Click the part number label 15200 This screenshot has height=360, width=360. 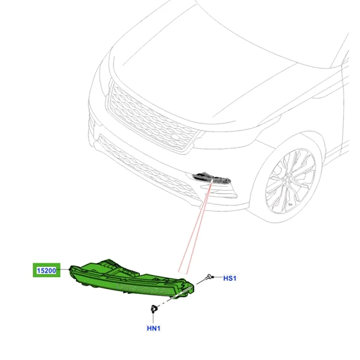[x=46, y=270]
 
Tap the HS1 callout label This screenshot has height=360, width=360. [x=229, y=278]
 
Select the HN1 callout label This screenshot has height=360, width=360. [x=153, y=328]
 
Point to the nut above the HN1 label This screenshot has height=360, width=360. [x=153, y=309]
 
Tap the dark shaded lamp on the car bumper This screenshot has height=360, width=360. [x=211, y=177]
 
